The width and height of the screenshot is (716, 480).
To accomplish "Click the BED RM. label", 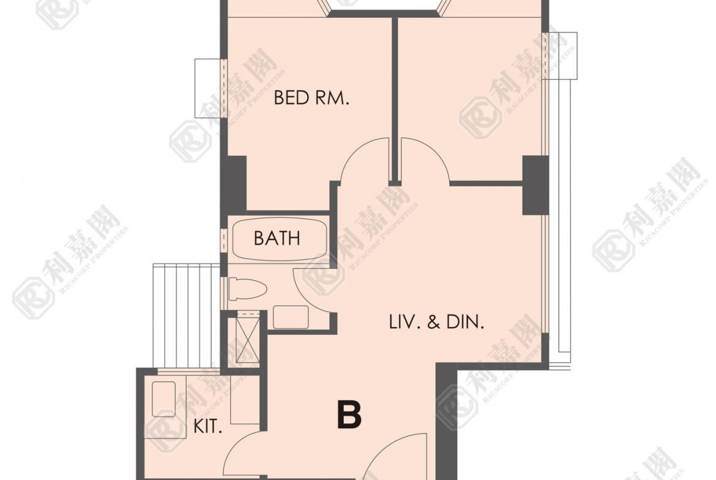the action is (311, 98).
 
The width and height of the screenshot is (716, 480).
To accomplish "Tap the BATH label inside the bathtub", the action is (277, 238).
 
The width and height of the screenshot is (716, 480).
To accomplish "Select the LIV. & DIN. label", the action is (436, 323).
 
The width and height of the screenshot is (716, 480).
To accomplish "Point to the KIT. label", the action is (208, 427).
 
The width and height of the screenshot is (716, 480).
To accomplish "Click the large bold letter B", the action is (349, 415).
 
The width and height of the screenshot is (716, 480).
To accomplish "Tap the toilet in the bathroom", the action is (247, 289).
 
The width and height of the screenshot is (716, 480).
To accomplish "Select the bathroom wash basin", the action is (291, 317).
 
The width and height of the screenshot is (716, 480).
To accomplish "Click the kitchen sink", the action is (163, 399).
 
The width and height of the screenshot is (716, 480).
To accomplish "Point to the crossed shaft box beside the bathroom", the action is (247, 339).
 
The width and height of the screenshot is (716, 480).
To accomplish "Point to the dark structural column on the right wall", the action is (535, 185).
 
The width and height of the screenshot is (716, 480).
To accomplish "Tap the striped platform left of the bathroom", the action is (187, 316).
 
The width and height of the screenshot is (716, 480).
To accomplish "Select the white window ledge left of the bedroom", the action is (209, 88).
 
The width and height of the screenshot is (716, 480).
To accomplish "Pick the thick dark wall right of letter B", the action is (447, 420).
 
